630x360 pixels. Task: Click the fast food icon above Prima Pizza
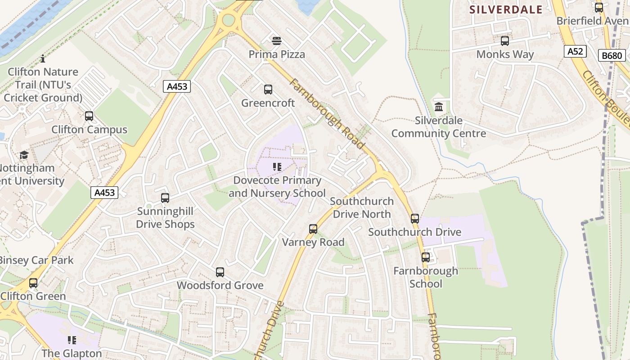click(277, 41)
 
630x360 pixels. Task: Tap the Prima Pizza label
click(277, 54)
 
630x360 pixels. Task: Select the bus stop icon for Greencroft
click(268, 90)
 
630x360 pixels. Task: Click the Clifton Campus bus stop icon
click(89, 116)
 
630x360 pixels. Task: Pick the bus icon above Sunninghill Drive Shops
click(165, 198)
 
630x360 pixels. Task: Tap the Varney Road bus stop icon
click(313, 229)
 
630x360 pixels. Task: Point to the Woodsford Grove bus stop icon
click(220, 272)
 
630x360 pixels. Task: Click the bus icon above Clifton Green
click(33, 283)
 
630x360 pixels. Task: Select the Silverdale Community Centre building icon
click(439, 107)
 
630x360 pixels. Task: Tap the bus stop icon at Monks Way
click(505, 41)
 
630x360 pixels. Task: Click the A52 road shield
click(575, 51)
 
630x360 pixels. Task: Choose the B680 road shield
click(612, 56)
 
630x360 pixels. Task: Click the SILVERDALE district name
click(506, 9)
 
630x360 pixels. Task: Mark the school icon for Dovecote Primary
click(277, 167)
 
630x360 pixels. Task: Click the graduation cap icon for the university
click(24, 155)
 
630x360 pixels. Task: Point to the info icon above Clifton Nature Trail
click(43, 58)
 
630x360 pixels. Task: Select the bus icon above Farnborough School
click(426, 257)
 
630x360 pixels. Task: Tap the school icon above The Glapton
click(72, 340)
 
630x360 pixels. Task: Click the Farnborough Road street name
click(327, 114)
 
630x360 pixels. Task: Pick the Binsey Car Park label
click(36, 260)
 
